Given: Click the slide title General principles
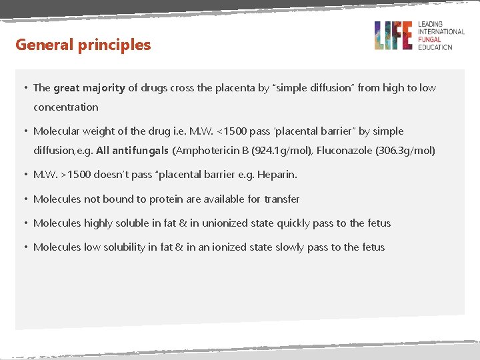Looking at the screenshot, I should tap(83, 45).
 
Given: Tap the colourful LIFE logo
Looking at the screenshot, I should tap(393, 35).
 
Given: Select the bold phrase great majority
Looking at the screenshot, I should tap(89, 87).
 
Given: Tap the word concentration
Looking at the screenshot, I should tap(66, 107).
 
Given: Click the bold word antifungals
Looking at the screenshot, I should tap(141, 151).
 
